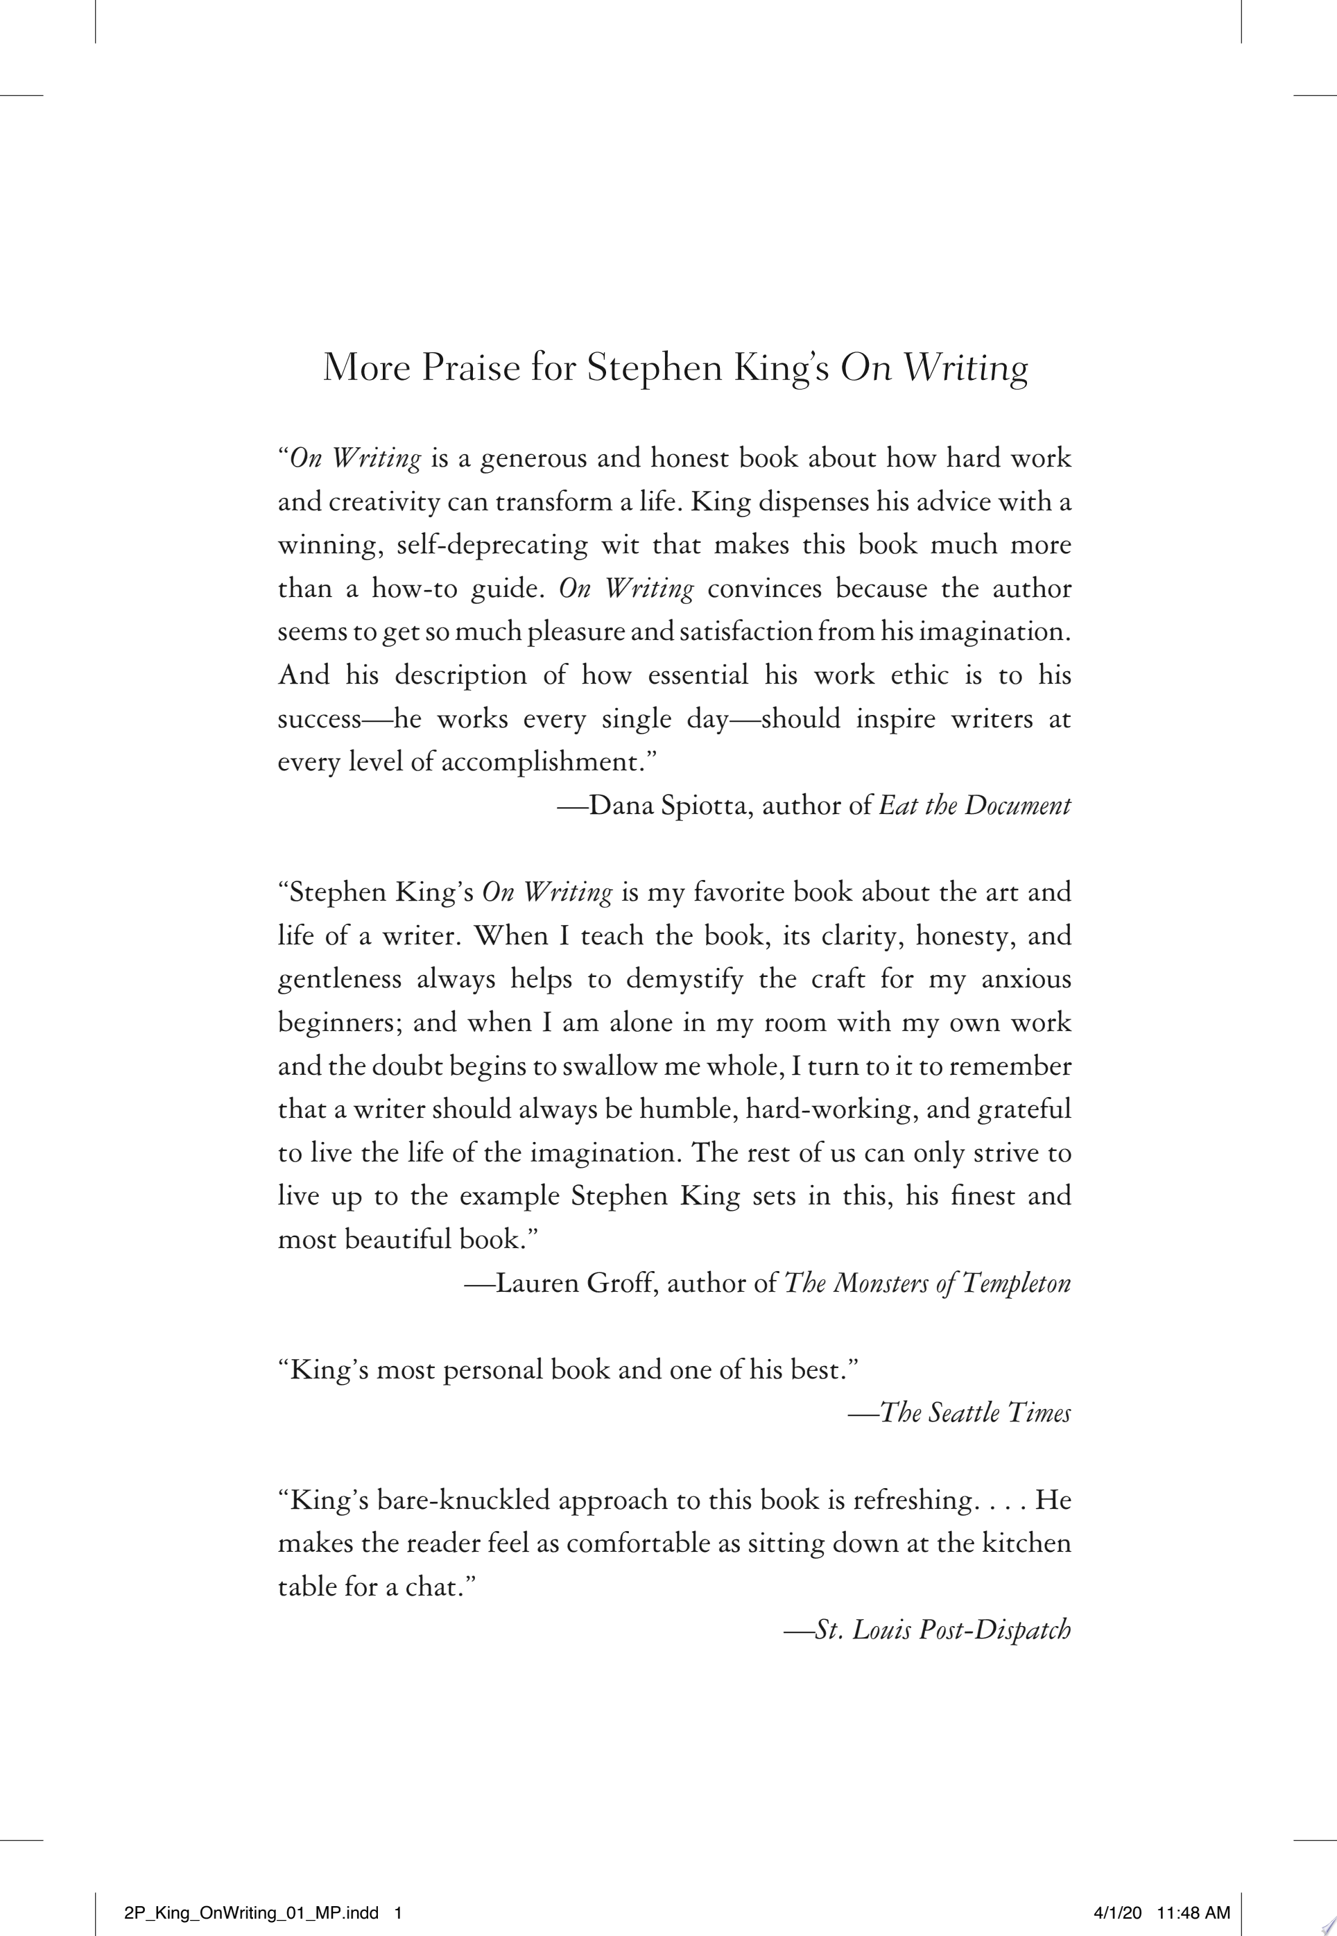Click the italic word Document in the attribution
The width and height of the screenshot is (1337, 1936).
(1017, 806)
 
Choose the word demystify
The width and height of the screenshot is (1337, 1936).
(684, 979)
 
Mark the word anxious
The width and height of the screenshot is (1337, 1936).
(1026, 979)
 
